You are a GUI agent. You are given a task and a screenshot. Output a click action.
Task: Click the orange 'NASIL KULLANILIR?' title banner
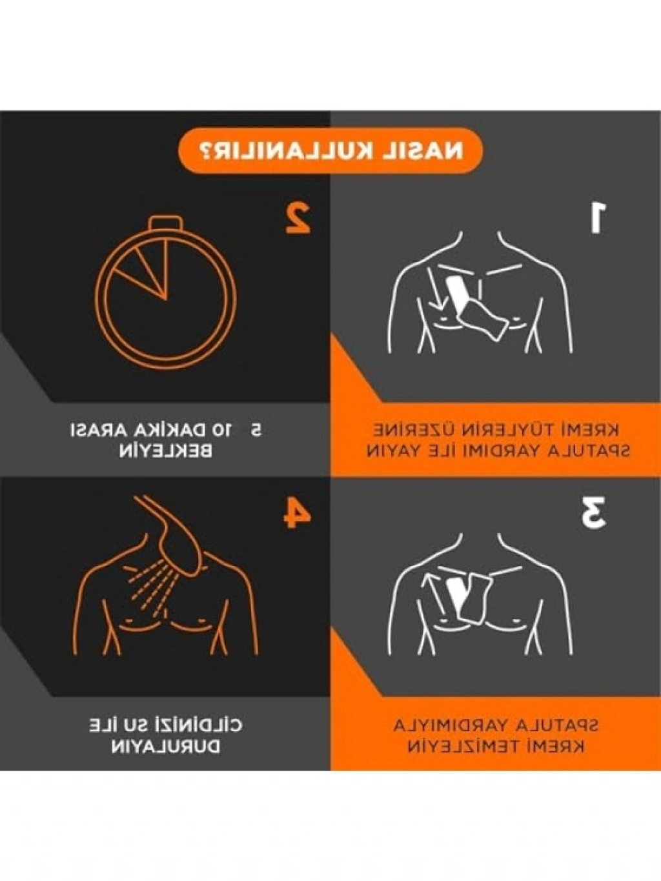pyautogui.click(x=330, y=150)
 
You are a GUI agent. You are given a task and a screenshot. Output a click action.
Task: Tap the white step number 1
pyautogui.click(x=597, y=218)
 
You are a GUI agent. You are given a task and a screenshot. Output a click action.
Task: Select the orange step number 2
pyautogui.click(x=298, y=218)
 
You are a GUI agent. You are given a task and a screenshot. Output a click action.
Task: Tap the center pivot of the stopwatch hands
pyautogui.click(x=166, y=299)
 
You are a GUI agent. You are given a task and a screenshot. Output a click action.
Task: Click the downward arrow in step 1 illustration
pyautogui.click(x=434, y=289)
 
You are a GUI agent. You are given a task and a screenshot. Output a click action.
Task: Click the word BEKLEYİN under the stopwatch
pyautogui.click(x=165, y=452)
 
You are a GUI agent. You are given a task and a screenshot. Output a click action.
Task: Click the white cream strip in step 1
pyautogui.click(x=457, y=291)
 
